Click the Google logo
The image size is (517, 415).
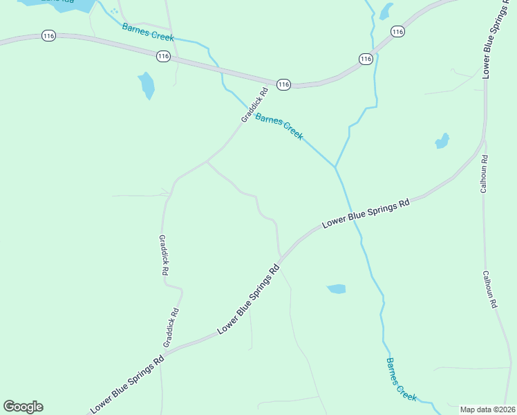(x=23, y=407)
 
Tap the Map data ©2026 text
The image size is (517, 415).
(x=487, y=409)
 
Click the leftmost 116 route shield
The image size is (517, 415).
(x=48, y=35)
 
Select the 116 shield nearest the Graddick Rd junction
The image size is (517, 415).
(x=283, y=84)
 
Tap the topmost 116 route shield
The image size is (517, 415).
(x=397, y=31)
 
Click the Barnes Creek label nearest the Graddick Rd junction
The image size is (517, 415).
(x=279, y=127)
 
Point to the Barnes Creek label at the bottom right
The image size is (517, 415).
(x=402, y=380)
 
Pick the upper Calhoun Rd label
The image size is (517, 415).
(x=485, y=173)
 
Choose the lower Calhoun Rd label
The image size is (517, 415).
(x=489, y=288)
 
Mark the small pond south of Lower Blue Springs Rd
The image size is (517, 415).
(x=337, y=288)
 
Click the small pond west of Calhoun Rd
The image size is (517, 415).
(x=442, y=142)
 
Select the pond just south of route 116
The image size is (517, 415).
(x=147, y=86)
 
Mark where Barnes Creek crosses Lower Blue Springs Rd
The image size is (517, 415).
(x=350, y=212)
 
